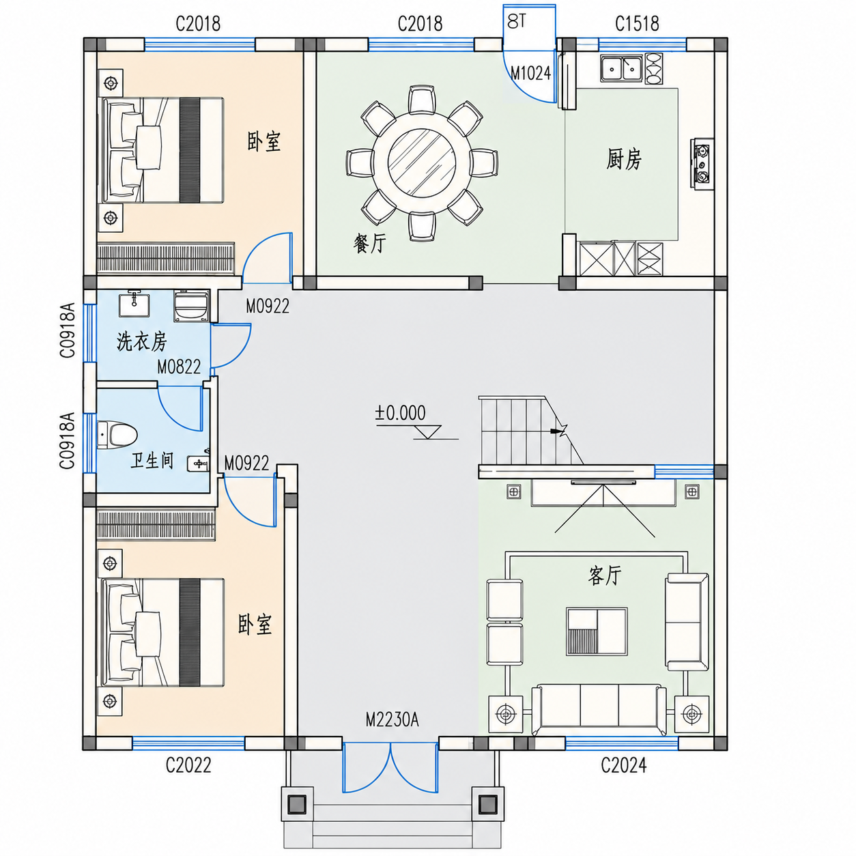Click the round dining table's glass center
422,162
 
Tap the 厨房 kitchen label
624,159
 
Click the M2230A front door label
393,720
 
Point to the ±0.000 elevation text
400,413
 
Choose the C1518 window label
637,23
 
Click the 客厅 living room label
605,575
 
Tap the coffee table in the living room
597,631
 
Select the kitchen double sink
622,68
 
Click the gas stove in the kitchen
702,164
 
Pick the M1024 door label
530,73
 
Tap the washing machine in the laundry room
191,306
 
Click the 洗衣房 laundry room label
142,341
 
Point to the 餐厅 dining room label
369,244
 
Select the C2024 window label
624,765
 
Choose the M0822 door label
179,367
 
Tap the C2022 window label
188,765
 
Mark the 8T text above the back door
517,21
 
